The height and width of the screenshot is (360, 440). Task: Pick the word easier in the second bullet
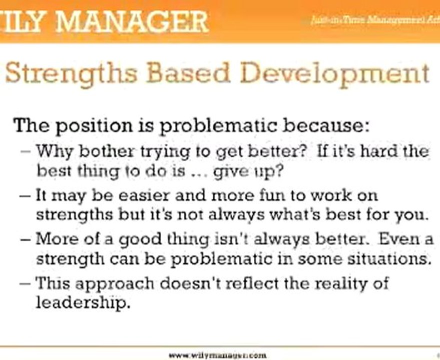148,194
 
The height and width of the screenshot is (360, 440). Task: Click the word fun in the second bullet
275,194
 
